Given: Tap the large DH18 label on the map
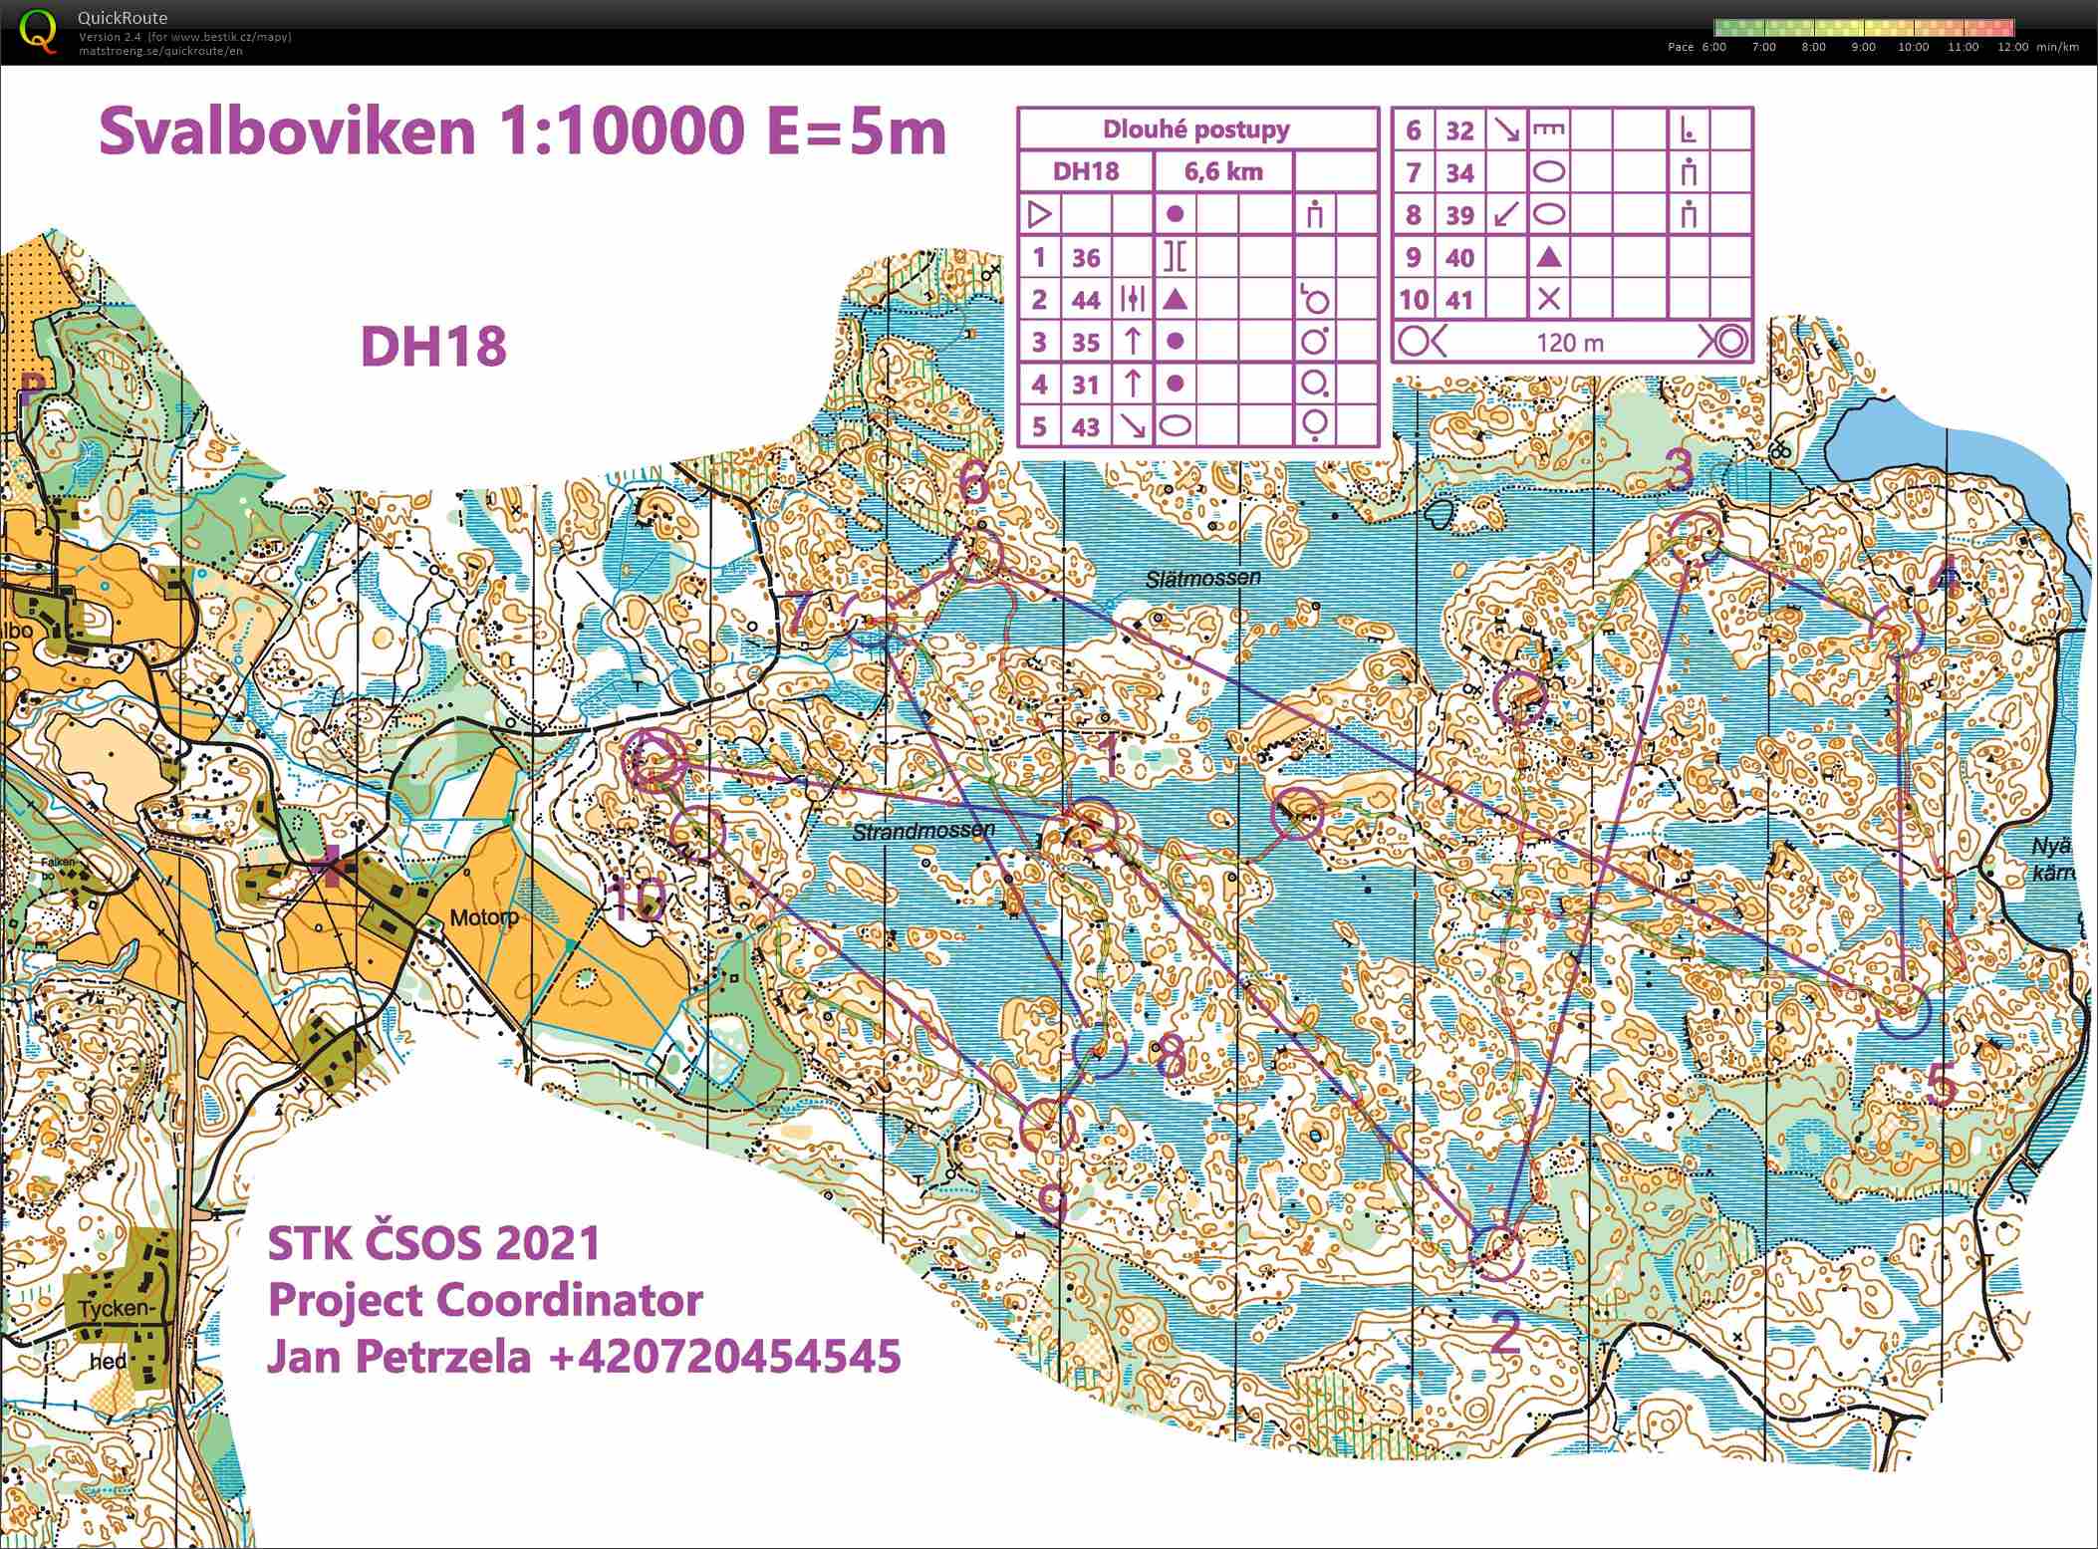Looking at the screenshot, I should (x=433, y=347).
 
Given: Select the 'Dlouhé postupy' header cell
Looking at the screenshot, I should (x=1195, y=129).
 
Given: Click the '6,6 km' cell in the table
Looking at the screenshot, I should (x=1223, y=171).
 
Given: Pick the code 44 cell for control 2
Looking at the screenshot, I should (x=1085, y=300).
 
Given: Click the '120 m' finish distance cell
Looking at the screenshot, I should (x=1570, y=343).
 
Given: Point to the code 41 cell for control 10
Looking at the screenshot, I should (x=1458, y=300).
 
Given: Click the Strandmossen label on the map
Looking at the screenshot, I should (x=922, y=830).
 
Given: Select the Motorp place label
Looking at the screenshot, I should (x=484, y=917).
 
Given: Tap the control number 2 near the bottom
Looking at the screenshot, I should (x=1504, y=1333).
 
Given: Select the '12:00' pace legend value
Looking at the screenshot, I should (x=2012, y=47).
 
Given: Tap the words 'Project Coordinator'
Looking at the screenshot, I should (x=485, y=1300).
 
